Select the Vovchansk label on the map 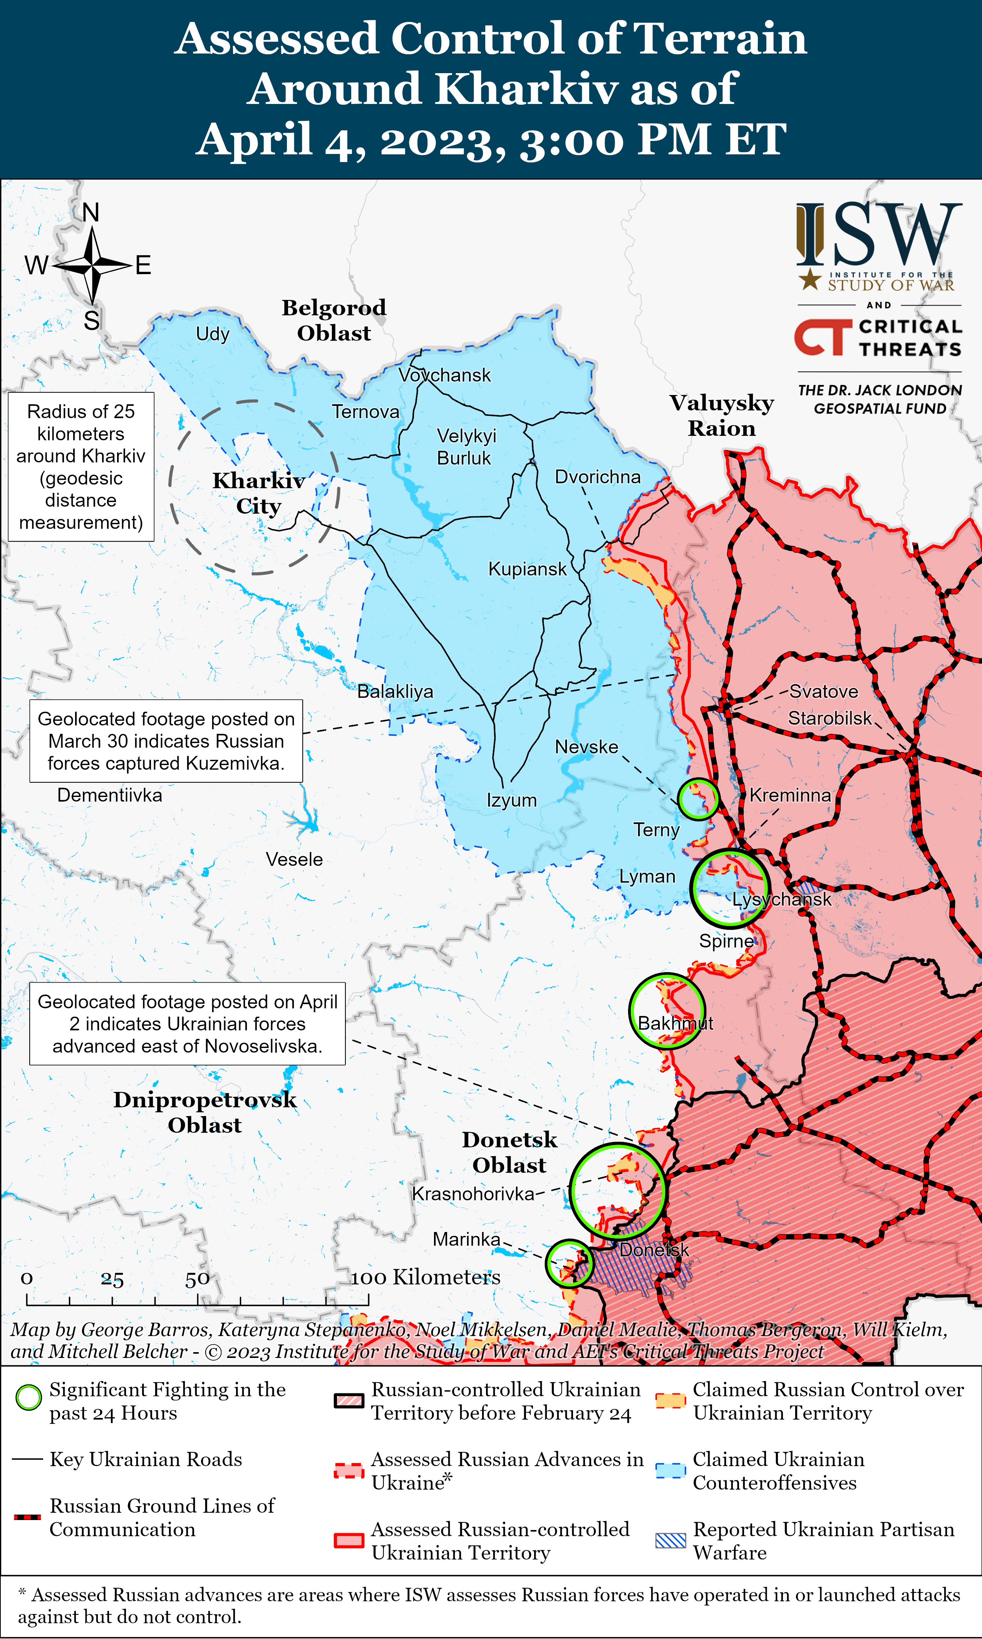[445, 375]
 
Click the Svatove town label [823, 691]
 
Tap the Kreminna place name [790, 795]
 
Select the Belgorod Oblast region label [334, 320]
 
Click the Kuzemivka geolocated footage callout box [166, 741]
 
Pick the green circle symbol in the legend [28, 1398]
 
